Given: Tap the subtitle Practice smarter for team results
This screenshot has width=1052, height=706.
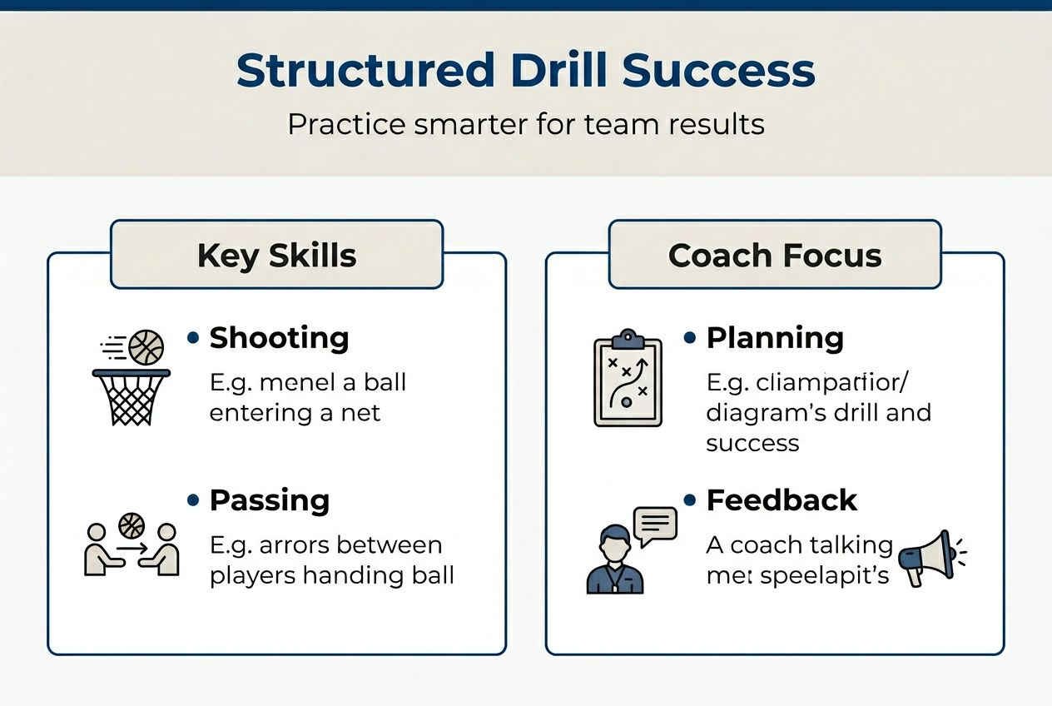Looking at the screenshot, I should [x=525, y=124].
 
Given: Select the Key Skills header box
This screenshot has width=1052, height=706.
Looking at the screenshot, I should [x=276, y=255].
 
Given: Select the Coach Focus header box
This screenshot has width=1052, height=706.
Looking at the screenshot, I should [x=774, y=255].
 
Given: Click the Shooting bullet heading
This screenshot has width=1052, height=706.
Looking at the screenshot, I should [x=279, y=338].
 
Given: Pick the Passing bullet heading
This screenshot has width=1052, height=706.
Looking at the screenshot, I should [x=269, y=500].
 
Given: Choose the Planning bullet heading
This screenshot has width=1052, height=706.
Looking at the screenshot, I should [x=774, y=338].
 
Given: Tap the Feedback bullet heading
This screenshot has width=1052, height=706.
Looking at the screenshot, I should [x=781, y=500].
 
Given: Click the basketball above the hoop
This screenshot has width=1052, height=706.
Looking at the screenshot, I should [x=146, y=347].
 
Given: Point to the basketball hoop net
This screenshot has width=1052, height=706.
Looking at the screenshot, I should [x=131, y=399].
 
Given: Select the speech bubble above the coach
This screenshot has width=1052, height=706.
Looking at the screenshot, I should [x=655, y=525].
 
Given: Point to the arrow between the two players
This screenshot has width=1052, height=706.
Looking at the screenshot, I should [x=131, y=549].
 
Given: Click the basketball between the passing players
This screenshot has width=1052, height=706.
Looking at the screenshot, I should [x=131, y=525].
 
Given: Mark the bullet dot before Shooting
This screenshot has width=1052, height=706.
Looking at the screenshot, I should [x=193, y=338].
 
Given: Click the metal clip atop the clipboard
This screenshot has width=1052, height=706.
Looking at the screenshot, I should [x=628, y=339].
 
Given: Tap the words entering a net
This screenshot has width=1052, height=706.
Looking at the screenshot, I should [x=295, y=413].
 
